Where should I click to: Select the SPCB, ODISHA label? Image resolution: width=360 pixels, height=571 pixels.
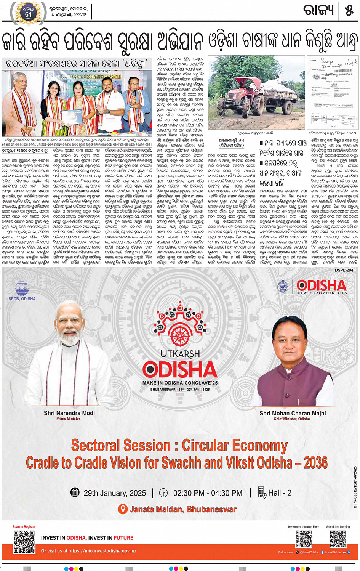click(x=22, y=299)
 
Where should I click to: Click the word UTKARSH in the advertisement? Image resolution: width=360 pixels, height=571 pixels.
click(x=180, y=354)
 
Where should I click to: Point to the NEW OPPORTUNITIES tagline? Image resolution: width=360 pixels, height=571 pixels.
click(x=322, y=293)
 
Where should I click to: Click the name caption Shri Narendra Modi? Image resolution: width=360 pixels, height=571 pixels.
click(x=69, y=413)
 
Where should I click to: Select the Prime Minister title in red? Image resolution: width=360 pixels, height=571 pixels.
click(x=68, y=419)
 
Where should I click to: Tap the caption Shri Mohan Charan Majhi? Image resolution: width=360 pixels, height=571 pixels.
click(x=293, y=413)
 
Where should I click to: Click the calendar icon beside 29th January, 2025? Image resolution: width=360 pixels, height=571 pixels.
click(x=75, y=492)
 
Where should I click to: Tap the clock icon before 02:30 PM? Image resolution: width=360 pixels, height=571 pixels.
click(x=163, y=492)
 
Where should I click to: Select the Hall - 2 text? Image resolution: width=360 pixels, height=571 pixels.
click(x=280, y=493)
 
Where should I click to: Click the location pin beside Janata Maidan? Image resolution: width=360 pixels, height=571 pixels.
click(x=123, y=509)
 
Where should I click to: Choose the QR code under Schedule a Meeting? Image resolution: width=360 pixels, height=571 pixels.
click(x=338, y=539)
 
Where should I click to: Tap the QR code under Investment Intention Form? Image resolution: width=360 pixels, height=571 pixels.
click(x=304, y=539)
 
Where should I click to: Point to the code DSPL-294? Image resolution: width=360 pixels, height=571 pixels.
click(x=344, y=270)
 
